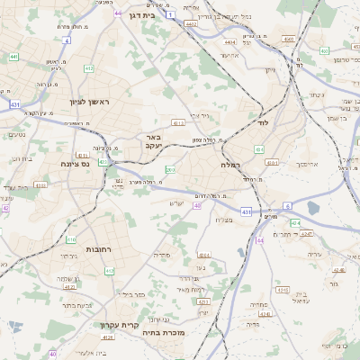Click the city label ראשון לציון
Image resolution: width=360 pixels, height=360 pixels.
click(x=89, y=102)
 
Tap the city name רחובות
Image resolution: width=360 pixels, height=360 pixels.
click(x=97, y=247)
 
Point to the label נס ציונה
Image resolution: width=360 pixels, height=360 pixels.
click(x=69, y=164)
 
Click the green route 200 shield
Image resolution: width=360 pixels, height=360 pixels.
click(x=169, y=170)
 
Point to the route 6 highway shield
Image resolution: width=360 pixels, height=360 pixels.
click(x=288, y=206)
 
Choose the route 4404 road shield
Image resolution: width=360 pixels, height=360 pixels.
click(x=229, y=41)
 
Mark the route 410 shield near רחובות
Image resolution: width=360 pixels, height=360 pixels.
click(x=71, y=238)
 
